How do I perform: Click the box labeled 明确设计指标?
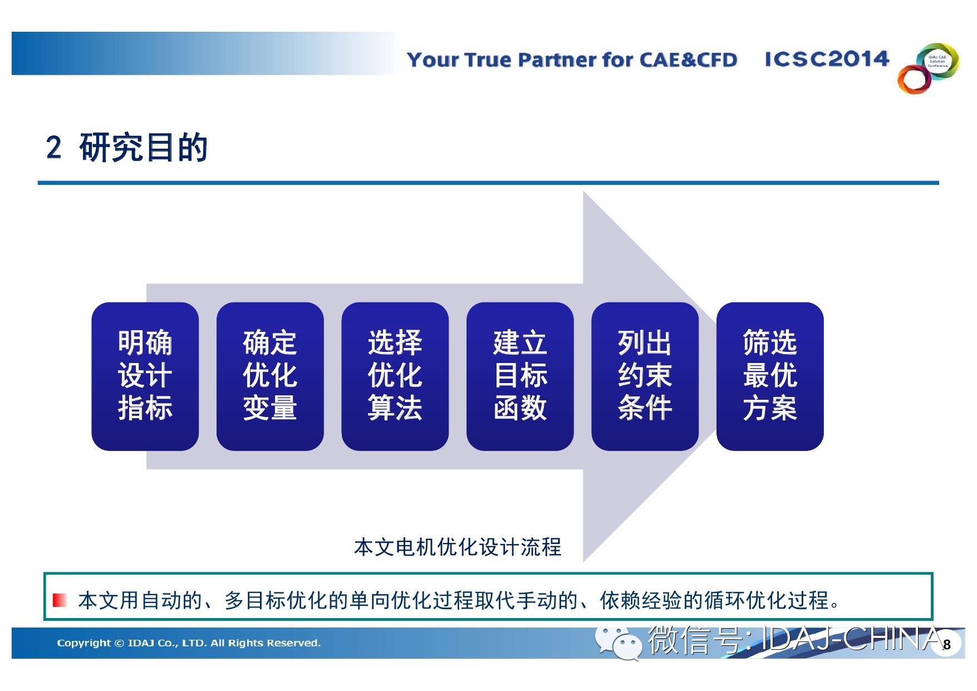point(145,376)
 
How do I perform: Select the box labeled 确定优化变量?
point(270,376)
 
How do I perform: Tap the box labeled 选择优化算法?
point(395,376)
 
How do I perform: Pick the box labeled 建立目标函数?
point(520,376)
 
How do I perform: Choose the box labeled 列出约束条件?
point(645,376)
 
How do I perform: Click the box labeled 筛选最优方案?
point(770,376)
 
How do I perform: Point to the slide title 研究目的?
point(144,148)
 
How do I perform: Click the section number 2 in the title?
point(54,148)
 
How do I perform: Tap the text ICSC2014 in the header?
point(827,58)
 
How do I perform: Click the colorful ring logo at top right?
point(928,68)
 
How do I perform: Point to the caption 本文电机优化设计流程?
point(458,547)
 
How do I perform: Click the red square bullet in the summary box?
point(60,600)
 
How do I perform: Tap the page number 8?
point(947,645)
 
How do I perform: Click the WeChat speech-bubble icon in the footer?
point(618,643)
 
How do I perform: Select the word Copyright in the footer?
point(84,643)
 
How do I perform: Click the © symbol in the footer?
point(119,643)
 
